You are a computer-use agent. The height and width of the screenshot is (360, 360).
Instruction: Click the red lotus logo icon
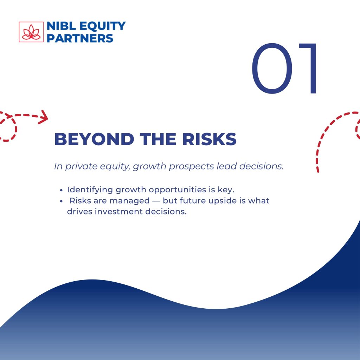[31, 32]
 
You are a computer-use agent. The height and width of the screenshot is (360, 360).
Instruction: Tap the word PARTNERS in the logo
[80, 38]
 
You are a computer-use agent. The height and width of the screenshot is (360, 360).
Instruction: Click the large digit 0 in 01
[272, 69]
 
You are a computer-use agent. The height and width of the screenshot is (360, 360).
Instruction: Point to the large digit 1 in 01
[308, 69]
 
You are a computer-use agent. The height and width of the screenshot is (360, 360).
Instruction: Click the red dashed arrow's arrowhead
[43, 117]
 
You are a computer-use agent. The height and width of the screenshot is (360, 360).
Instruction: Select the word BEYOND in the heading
[94, 139]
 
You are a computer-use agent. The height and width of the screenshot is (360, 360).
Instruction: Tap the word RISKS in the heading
[210, 139]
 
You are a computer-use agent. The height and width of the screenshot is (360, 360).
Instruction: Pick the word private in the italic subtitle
[82, 166]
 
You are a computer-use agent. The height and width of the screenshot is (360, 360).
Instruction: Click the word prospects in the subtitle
[192, 167]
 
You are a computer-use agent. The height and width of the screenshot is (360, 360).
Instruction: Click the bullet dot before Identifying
[61, 190]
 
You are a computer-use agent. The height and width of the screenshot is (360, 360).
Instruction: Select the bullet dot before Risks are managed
[61, 201]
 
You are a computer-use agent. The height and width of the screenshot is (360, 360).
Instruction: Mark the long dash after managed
[156, 201]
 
